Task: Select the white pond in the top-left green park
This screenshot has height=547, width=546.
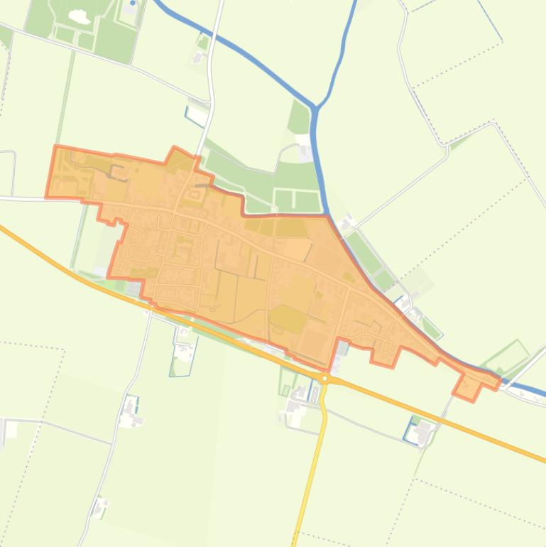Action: pos(76,15)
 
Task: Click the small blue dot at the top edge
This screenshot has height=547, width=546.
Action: pos(133,4)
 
